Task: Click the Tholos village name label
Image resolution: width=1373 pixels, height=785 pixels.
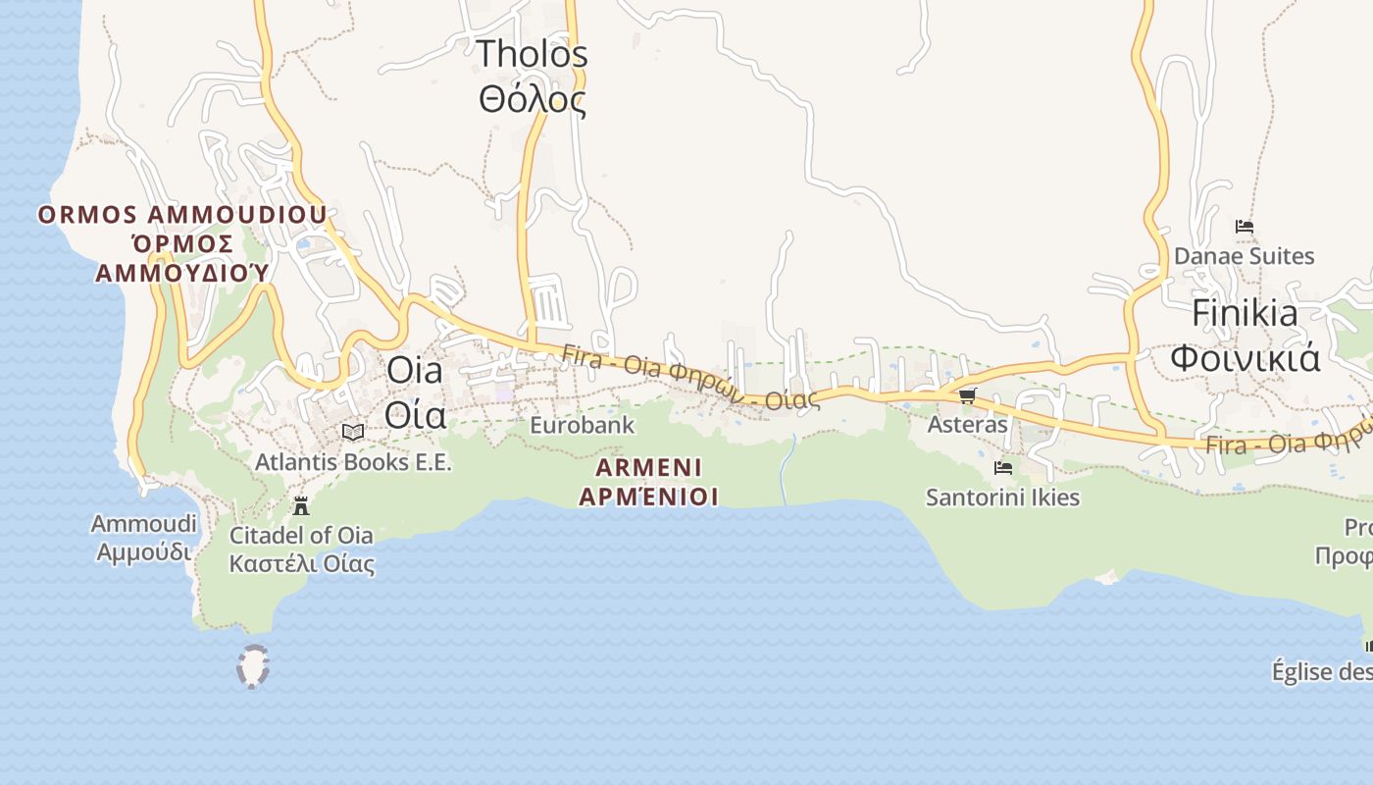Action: (532, 55)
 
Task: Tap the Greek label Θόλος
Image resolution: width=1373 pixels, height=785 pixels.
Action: (532, 99)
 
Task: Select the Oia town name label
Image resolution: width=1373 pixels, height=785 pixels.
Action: (414, 371)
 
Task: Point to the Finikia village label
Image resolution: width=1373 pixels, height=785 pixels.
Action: (1245, 314)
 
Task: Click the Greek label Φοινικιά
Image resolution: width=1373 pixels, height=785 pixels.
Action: (1245, 358)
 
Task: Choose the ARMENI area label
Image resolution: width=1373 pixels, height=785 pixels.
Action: (648, 467)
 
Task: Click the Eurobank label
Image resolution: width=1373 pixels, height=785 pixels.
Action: (582, 426)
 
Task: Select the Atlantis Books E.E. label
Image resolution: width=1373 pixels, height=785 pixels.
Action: (353, 462)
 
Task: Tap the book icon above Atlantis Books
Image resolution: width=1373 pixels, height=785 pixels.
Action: (353, 432)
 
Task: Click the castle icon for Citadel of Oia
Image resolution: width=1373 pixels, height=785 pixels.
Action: (301, 506)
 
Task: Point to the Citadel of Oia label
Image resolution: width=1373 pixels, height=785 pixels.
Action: (301, 536)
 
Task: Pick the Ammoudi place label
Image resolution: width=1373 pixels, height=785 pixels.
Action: (144, 524)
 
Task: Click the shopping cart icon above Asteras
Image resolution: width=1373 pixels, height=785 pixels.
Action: (967, 395)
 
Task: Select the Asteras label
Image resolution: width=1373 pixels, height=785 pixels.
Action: (967, 425)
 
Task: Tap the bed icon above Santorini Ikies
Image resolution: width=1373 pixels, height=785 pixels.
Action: (1002, 468)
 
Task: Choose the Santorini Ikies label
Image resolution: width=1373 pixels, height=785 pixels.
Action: (1002, 498)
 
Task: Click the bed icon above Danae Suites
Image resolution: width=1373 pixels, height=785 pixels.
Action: (1245, 227)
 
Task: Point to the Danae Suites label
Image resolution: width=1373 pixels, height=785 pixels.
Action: (1244, 257)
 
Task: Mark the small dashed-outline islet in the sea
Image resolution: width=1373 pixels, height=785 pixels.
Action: (253, 666)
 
